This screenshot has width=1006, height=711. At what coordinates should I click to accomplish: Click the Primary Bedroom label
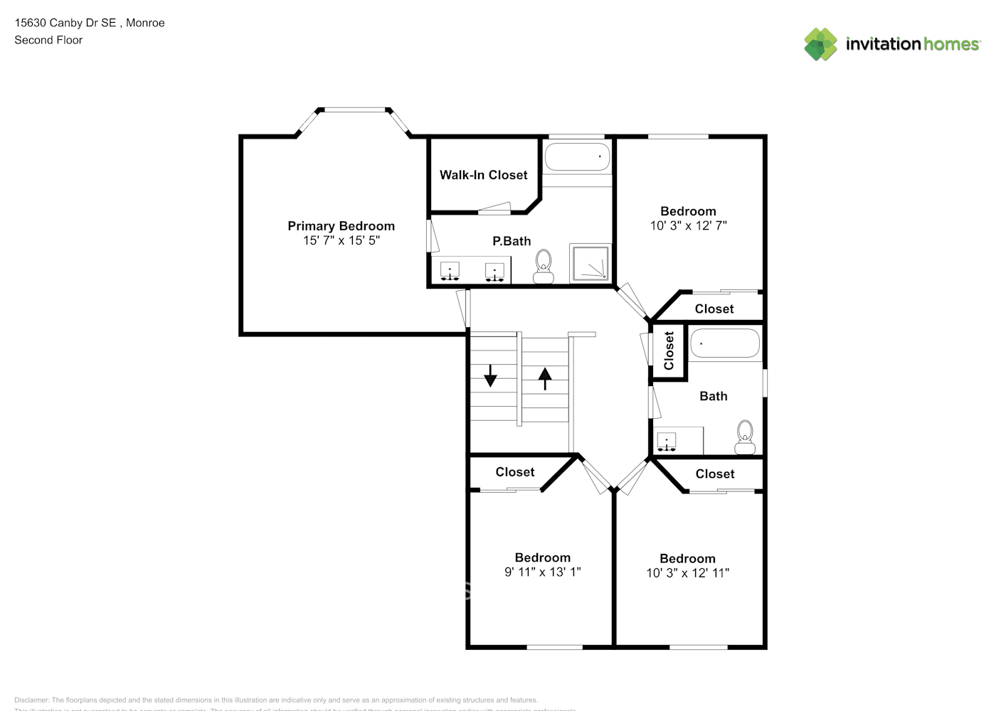coord(341,226)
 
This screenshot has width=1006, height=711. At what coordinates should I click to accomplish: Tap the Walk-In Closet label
coord(483,175)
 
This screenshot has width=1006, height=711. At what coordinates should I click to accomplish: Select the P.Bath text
coord(512,241)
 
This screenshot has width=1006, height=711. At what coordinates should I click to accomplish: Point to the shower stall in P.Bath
coord(591,262)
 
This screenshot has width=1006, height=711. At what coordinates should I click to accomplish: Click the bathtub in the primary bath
coord(577,156)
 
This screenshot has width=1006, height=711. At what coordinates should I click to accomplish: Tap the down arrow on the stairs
coord(490,375)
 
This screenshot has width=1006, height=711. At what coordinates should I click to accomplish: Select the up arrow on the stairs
coord(545,378)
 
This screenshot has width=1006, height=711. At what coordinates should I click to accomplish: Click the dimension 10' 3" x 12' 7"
coord(688,225)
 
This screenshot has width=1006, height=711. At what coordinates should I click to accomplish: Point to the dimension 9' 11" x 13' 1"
coord(542,572)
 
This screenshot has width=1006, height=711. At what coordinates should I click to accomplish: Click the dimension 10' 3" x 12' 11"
coord(687,573)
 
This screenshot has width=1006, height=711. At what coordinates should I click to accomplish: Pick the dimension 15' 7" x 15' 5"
coord(341,240)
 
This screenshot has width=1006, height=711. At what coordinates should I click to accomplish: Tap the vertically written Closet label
coord(669,351)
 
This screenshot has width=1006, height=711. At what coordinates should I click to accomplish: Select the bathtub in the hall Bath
coord(725,343)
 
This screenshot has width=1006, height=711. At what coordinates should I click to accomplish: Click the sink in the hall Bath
coord(667,442)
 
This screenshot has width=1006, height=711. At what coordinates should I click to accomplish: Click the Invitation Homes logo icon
coord(820,44)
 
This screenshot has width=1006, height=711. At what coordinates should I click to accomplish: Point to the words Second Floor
coord(48,40)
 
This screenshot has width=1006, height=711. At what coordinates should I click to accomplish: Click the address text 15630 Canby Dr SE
coord(65,23)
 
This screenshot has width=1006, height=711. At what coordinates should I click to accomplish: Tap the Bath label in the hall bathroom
coord(713,396)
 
